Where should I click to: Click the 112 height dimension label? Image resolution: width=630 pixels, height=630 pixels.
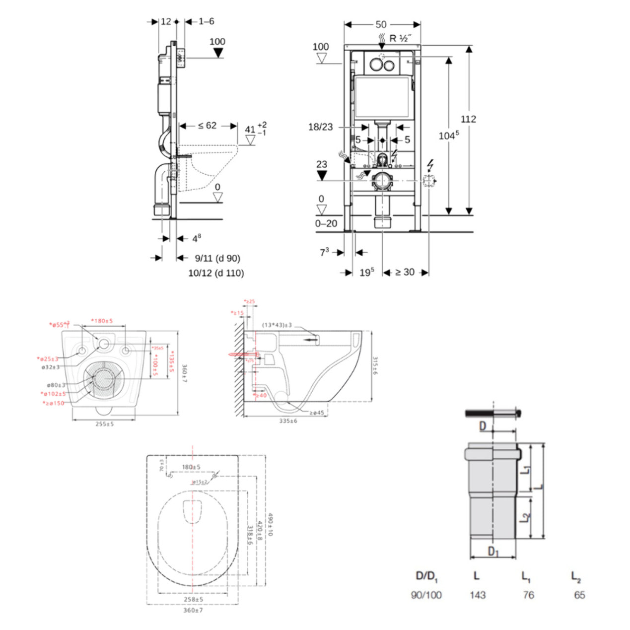(468, 119)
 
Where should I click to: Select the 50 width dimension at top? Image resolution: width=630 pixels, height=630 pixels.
(381, 24)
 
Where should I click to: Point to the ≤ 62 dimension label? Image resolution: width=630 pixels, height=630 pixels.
(207, 126)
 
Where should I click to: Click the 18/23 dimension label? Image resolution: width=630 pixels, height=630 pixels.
(320, 127)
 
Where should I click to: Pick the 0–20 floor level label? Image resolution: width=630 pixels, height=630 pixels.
(326, 223)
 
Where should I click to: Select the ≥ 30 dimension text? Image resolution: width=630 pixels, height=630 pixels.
(405, 272)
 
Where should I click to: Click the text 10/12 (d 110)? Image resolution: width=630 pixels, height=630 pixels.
(216, 273)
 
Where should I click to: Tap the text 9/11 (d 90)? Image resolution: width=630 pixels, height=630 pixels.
(217, 258)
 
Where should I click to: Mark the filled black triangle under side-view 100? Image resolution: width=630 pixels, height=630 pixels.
(217, 53)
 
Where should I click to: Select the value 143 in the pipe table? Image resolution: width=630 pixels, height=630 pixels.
(477, 595)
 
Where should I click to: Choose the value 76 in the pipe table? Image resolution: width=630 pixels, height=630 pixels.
(528, 595)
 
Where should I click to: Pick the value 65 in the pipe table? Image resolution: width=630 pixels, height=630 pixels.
(579, 595)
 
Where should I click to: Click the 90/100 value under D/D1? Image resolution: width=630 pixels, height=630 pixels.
(426, 595)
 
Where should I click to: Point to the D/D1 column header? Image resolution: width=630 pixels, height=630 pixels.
(426, 576)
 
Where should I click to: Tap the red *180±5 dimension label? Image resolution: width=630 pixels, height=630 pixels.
(102, 321)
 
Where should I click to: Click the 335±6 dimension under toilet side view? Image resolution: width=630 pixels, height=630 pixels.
(288, 421)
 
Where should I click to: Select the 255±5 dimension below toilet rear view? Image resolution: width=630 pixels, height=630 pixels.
(104, 424)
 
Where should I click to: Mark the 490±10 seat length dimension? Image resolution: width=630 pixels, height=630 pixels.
(271, 524)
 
